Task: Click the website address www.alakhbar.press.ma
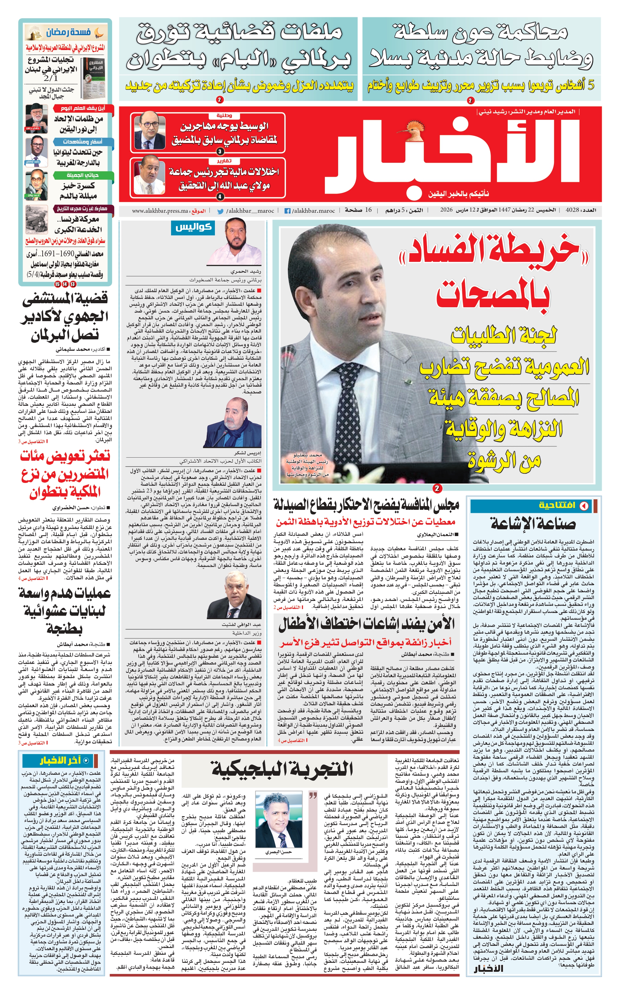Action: click(x=160, y=211)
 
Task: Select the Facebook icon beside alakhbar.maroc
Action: click(x=288, y=211)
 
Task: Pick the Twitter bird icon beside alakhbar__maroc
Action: click(x=220, y=211)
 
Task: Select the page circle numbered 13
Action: click(x=73, y=284)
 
